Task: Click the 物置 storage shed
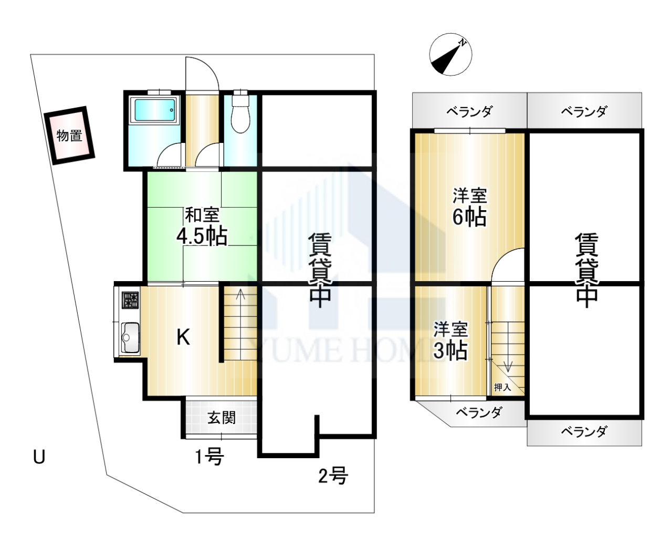[69, 136]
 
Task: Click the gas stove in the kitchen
[130, 300]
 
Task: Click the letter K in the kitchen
[183, 337]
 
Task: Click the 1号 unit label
[209, 457]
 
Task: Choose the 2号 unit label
[333, 476]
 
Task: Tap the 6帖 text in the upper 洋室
[469, 217]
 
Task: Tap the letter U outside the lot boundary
[39, 457]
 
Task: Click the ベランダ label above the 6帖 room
[469, 111]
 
